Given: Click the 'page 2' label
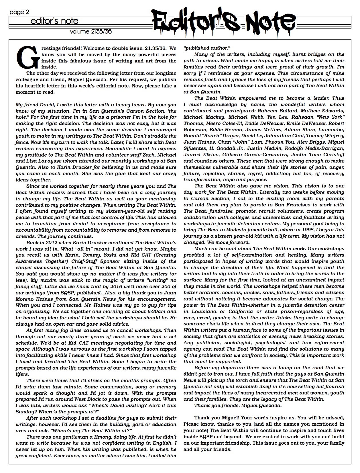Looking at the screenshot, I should point(19,12).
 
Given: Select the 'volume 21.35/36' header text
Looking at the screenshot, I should point(91,32).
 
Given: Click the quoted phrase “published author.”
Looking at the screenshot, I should point(207,48).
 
